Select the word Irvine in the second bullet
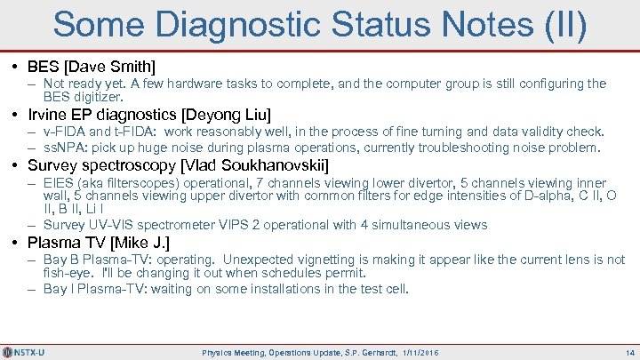coord(51,115)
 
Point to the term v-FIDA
coord(62,132)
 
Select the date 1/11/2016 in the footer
coord(420,352)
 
